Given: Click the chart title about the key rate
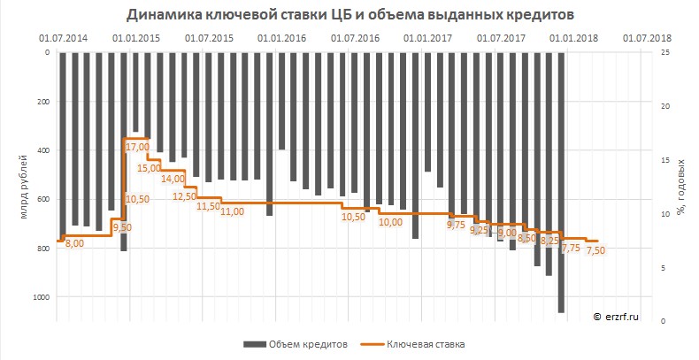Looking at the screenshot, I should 349,15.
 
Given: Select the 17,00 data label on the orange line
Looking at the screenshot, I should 137,147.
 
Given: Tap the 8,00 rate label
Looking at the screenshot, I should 74,242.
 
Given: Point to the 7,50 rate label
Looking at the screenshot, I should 595,250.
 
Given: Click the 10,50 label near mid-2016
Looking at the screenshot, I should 353,217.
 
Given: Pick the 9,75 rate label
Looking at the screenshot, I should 456,225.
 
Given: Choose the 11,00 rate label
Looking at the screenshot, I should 232,211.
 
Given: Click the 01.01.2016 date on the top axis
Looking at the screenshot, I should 282,39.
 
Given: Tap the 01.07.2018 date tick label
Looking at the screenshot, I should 647,39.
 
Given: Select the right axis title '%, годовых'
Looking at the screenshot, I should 682,187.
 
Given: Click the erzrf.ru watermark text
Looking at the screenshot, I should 615,314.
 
